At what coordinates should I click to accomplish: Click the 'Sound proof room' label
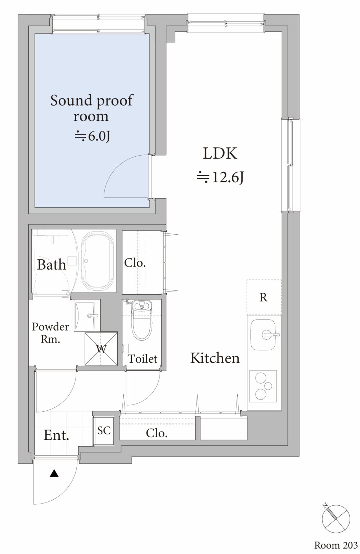[x=91, y=108]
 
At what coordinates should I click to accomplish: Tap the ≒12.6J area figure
[x=220, y=178]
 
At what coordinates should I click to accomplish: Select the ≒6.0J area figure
[x=92, y=136]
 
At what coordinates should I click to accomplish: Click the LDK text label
[x=220, y=153]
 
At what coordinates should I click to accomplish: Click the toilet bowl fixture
[x=142, y=320]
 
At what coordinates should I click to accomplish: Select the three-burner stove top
[x=263, y=386]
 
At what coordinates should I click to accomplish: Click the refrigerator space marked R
[x=264, y=297]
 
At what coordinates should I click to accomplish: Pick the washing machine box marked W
[x=101, y=349]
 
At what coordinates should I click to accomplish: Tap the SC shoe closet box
[x=104, y=430]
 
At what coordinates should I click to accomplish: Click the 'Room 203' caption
[x=336, y=545]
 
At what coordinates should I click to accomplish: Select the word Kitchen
[x=215, y=358]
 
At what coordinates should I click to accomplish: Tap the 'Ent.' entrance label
[x=56, y=435]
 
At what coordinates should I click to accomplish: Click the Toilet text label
[x=143, y=359]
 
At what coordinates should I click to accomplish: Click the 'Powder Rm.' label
[x=50, y=333]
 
